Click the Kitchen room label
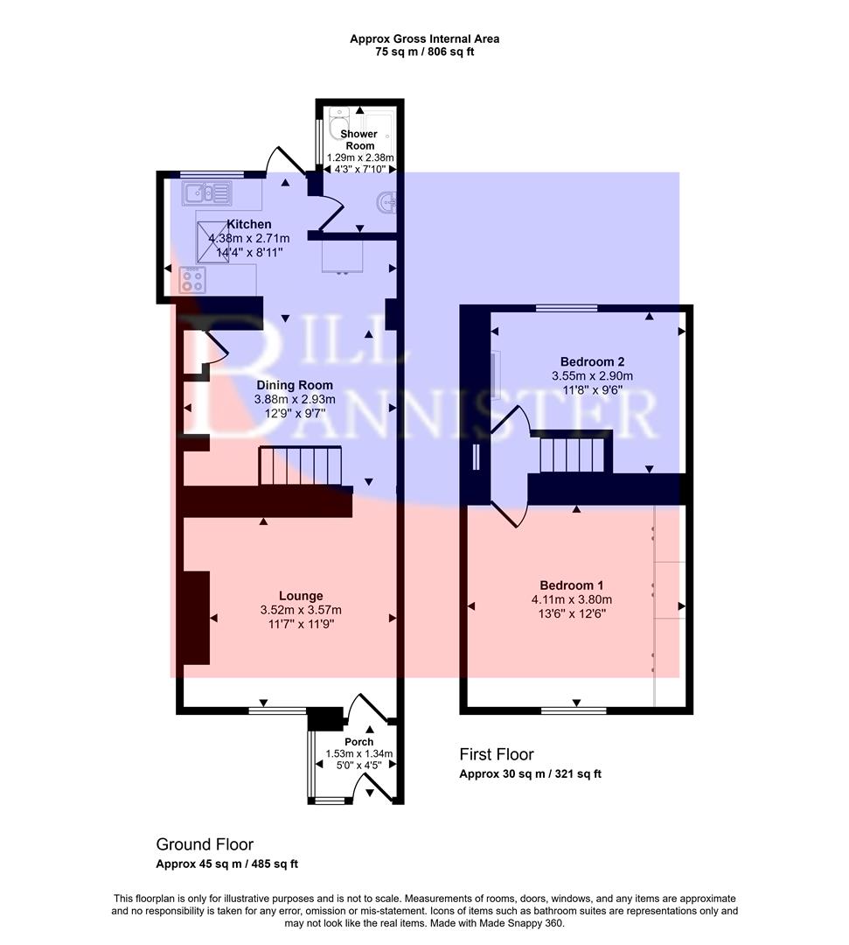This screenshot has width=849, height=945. pos(249,225)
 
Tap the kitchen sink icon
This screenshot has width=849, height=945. pos(206,192)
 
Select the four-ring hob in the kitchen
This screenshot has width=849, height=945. pos(192,280)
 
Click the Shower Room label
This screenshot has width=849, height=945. pos(359,140)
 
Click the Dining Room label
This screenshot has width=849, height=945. pos(294,385)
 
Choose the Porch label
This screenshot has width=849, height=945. pos(358,742)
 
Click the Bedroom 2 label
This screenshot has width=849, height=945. pos(592,361)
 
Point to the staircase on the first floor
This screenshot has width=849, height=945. pos(573,455)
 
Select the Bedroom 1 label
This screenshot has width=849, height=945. pos(571,585)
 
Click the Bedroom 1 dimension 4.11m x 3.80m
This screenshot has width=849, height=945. pos(571,599)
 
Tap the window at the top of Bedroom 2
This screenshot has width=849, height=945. pos(567,308)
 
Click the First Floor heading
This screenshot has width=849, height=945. pos(497,754)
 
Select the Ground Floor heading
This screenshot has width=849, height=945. pos(205,844)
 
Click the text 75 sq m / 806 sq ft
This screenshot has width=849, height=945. pos(424,52)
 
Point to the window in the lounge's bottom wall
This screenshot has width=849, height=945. pos(277,710)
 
